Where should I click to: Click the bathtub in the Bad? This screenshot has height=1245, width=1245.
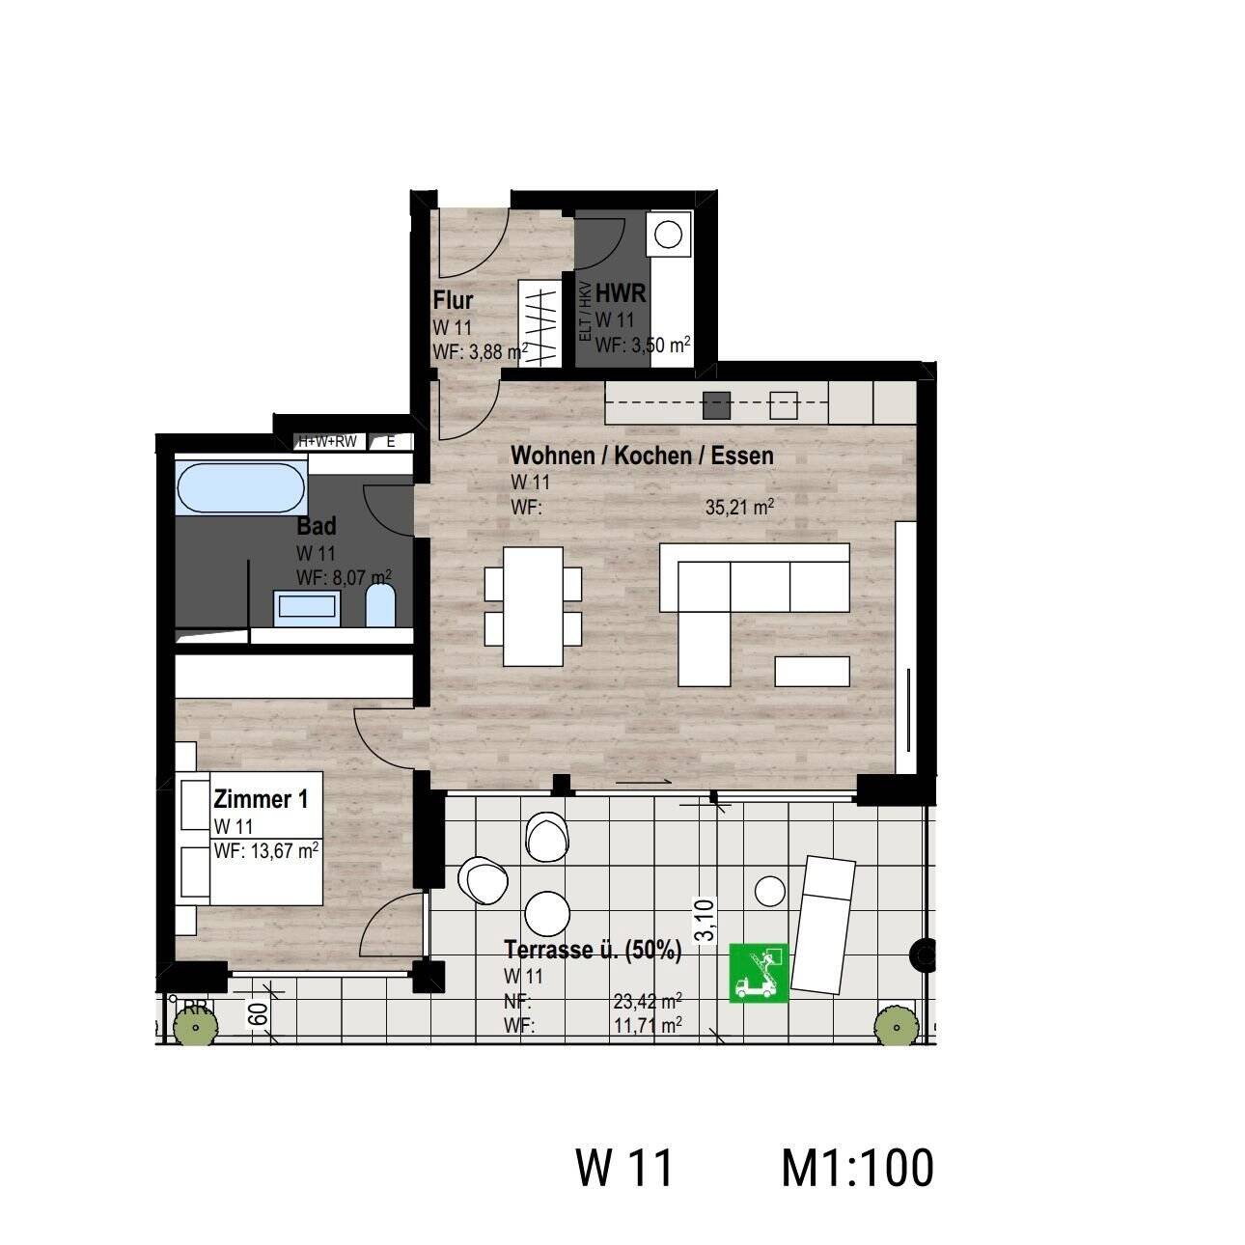(240, 488)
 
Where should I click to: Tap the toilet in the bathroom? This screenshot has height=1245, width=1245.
(381, 607)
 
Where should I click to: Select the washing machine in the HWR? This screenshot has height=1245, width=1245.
(669, 235)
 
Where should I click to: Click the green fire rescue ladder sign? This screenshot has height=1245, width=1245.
(760, 972)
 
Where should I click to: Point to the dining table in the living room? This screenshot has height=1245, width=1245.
(533, 605)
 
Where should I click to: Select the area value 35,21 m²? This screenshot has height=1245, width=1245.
(740, 508)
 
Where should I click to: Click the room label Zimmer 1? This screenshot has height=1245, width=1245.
(261, 799)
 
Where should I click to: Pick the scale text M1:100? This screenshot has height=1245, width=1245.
(857, 1168)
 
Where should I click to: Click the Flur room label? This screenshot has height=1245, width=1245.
(453, 299)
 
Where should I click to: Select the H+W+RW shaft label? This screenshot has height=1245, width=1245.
(327, 441)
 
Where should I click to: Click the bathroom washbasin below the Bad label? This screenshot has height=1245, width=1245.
(307, 605)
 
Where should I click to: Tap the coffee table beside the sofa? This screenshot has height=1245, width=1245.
(813, 671)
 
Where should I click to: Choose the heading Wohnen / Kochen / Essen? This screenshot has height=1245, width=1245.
(642, 455)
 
